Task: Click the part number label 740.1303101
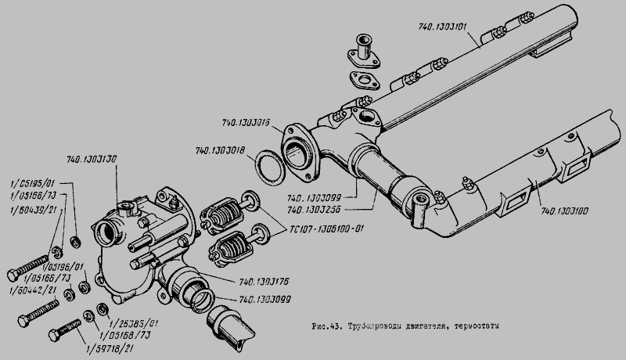(440, 26)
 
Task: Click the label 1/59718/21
(111, 347)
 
